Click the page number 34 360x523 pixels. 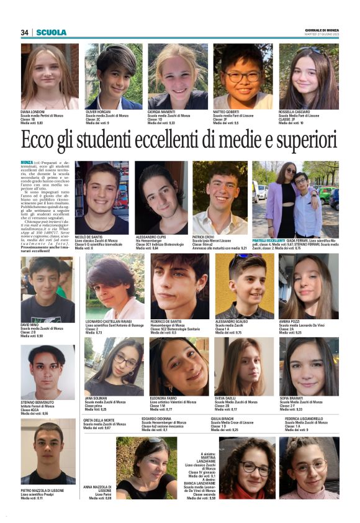(25, 32)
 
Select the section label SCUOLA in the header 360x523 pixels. (51, 32)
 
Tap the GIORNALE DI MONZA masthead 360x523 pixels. (322, 30)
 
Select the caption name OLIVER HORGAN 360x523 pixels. (99, 112)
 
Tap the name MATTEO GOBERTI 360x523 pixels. (227, 112)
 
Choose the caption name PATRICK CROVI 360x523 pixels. (205, 237)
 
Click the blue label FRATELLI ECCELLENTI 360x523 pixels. (268, 240)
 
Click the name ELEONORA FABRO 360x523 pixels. (166, 398)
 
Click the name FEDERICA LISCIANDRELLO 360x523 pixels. (308, 419)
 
